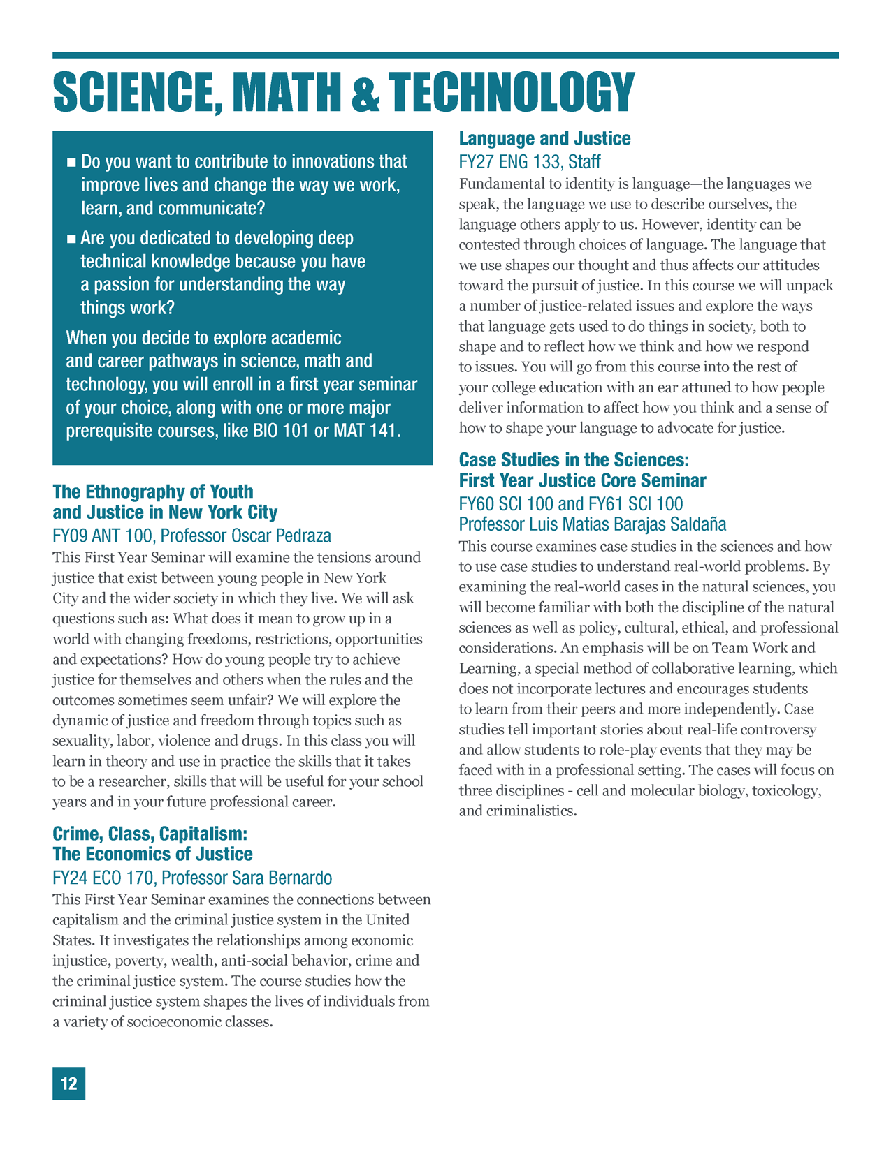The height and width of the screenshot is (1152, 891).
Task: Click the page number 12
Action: click(68, 1083)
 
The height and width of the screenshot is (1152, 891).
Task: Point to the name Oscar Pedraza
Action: click(281, 536)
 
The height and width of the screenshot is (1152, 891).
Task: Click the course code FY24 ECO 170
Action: click(102, 878)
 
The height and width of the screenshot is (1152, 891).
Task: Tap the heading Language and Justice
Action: click(544, 138)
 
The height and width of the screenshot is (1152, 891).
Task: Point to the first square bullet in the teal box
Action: click(71, 163)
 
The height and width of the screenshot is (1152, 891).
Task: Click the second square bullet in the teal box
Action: click(71, 239)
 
